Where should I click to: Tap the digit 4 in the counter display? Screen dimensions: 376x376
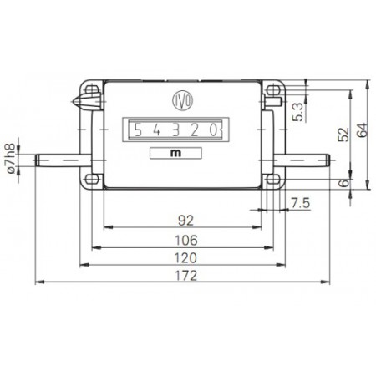coord(157,130)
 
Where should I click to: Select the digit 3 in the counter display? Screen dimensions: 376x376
coord(177,130)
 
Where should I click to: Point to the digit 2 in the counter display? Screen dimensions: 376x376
coord(197,130)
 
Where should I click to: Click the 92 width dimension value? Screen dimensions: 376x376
coord(185,221)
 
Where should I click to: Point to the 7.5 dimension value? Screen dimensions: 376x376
coord(302,201)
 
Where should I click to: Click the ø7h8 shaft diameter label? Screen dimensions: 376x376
coord(11,158)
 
